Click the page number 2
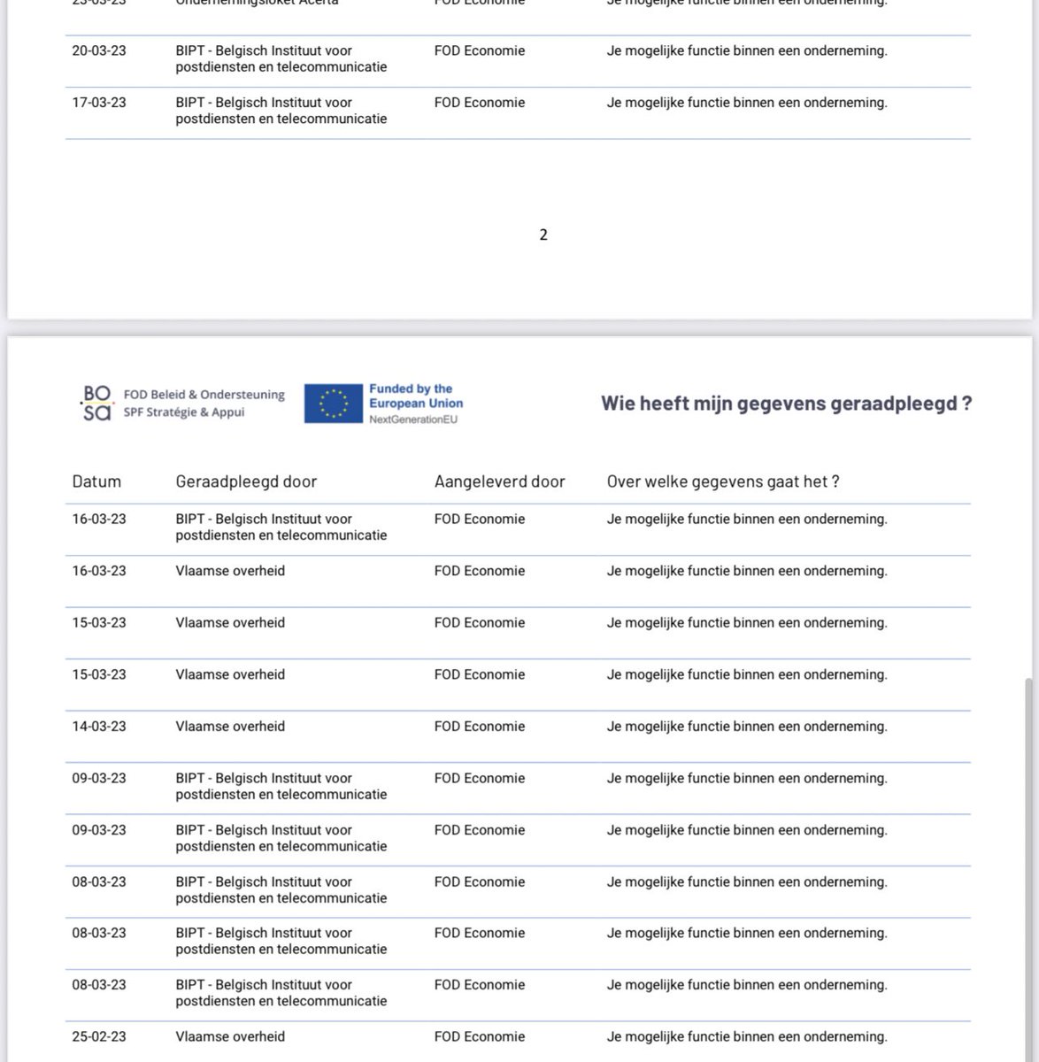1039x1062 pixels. click(x=543, y=235)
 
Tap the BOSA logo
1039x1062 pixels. click(x=96, y=404)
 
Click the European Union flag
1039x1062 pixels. click(x=334, y=404)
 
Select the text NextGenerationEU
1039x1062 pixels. click(x=413, y=419)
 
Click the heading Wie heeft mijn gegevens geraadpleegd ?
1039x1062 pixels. click(x=786, y=404)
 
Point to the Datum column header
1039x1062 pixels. click(x=96, y=481)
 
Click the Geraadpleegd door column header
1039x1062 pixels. click(x=246, y=481)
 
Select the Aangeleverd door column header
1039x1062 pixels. click(x=499, y=481)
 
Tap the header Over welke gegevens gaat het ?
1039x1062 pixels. click(x=722, y=481)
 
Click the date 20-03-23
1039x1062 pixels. click(x=99, y=51)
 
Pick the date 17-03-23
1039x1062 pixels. click(x=99, y=103)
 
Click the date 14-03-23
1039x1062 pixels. click(x=99, y=727)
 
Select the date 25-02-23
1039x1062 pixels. click(x=99, y=1036)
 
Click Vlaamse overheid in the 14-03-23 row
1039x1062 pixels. click(x=230, y=727)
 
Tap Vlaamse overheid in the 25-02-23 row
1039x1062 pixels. click(x=230, y=1036)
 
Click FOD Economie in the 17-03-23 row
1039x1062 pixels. click(x=480, y=103)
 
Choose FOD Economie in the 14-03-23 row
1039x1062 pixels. click(x=480, y=727)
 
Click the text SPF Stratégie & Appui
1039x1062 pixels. click(x=184, y=412)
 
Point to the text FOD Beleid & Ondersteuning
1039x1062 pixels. click(x=204, y=395)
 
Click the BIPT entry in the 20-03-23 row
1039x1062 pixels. click(x=281, y=59)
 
